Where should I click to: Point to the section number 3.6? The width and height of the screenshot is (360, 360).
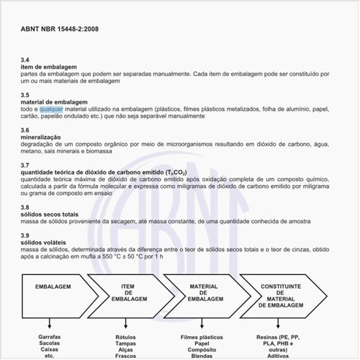[x=25, y=130]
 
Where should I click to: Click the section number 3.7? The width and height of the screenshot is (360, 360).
[x=25, y=165]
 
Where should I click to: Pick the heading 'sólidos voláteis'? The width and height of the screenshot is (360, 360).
[x=45, y=243]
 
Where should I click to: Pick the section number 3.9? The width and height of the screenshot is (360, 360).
[x=25, y=235]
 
